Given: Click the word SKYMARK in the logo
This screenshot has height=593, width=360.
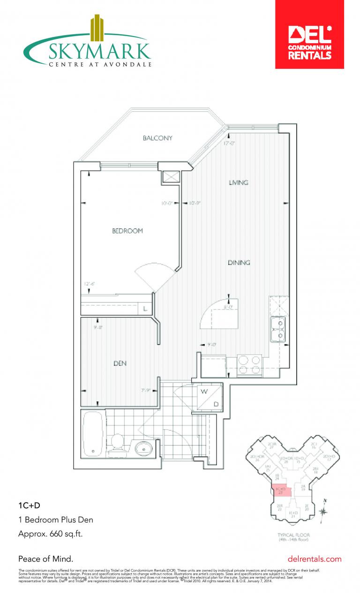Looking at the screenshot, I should coord(99,51).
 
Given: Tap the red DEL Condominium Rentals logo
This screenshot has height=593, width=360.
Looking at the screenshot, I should coord(309,35).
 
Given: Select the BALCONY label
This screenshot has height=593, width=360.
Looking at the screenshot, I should coord(157,138).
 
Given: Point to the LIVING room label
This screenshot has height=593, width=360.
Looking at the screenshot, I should coord(238,182).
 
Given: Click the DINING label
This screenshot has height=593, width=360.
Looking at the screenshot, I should coord(239,263).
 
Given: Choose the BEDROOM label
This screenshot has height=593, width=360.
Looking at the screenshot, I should coord(127,231).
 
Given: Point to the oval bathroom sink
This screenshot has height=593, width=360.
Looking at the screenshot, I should coord(144,448).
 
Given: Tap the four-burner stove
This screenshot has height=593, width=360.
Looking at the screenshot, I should coord(250,365).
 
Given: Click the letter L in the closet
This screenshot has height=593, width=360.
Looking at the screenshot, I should coord(145,309).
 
